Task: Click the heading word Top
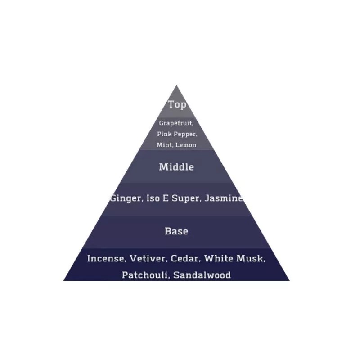(177, 104)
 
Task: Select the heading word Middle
(176, 167)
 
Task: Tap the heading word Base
(176, 231)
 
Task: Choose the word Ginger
(126, 198)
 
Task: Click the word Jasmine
(224, 198)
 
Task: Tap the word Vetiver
(147, 259)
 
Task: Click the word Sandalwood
(202, 275)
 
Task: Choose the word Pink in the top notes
(164, 134)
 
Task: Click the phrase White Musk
(234, 259)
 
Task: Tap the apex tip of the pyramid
(176, 85)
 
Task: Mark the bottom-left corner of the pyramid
(64, 280)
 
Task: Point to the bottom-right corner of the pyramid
(289, 280)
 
